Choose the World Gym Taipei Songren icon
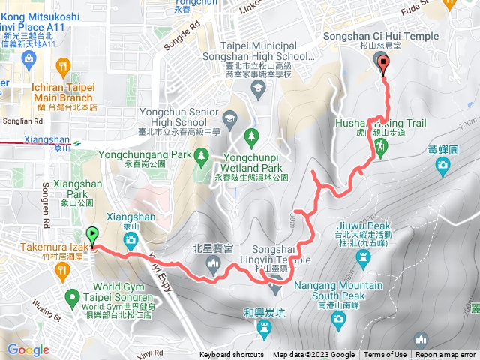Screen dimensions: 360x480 click(x=72, y=295)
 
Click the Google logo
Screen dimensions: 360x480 click(x=28, y=349)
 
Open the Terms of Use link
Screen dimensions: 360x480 click(x=385, y=355)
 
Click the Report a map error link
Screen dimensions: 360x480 click(x=446, y=355)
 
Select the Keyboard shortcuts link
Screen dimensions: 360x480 click(x=232, y=355)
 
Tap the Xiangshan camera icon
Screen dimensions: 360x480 click(x=131, y=241)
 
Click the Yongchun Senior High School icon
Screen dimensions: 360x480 click(x=229, y=118)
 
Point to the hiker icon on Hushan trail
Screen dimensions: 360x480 click(x=382, y=148)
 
